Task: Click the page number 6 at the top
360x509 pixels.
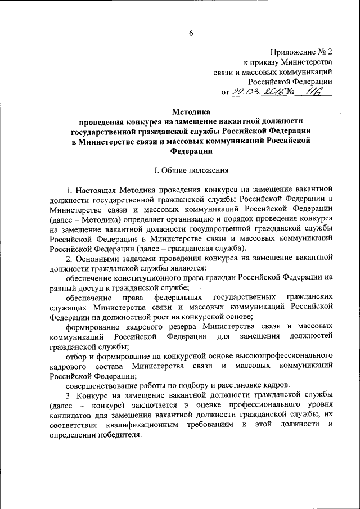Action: [x=191, y=33]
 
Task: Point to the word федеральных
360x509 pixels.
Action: [x=179, y=296]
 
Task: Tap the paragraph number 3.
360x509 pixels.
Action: [x=67, y=395]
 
